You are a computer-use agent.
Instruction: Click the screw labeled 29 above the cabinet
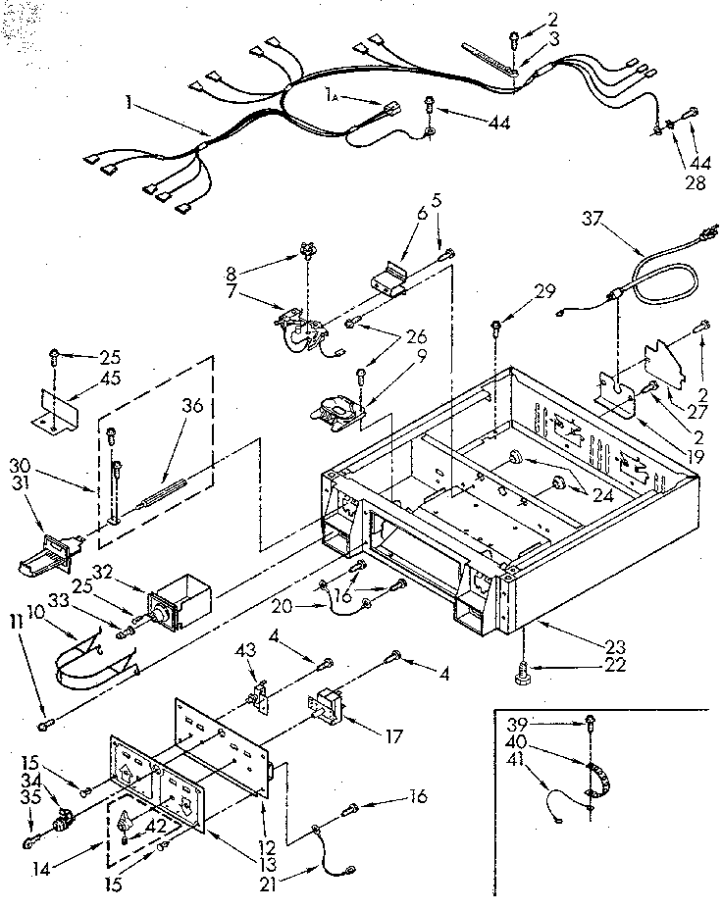tap(497, 322)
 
